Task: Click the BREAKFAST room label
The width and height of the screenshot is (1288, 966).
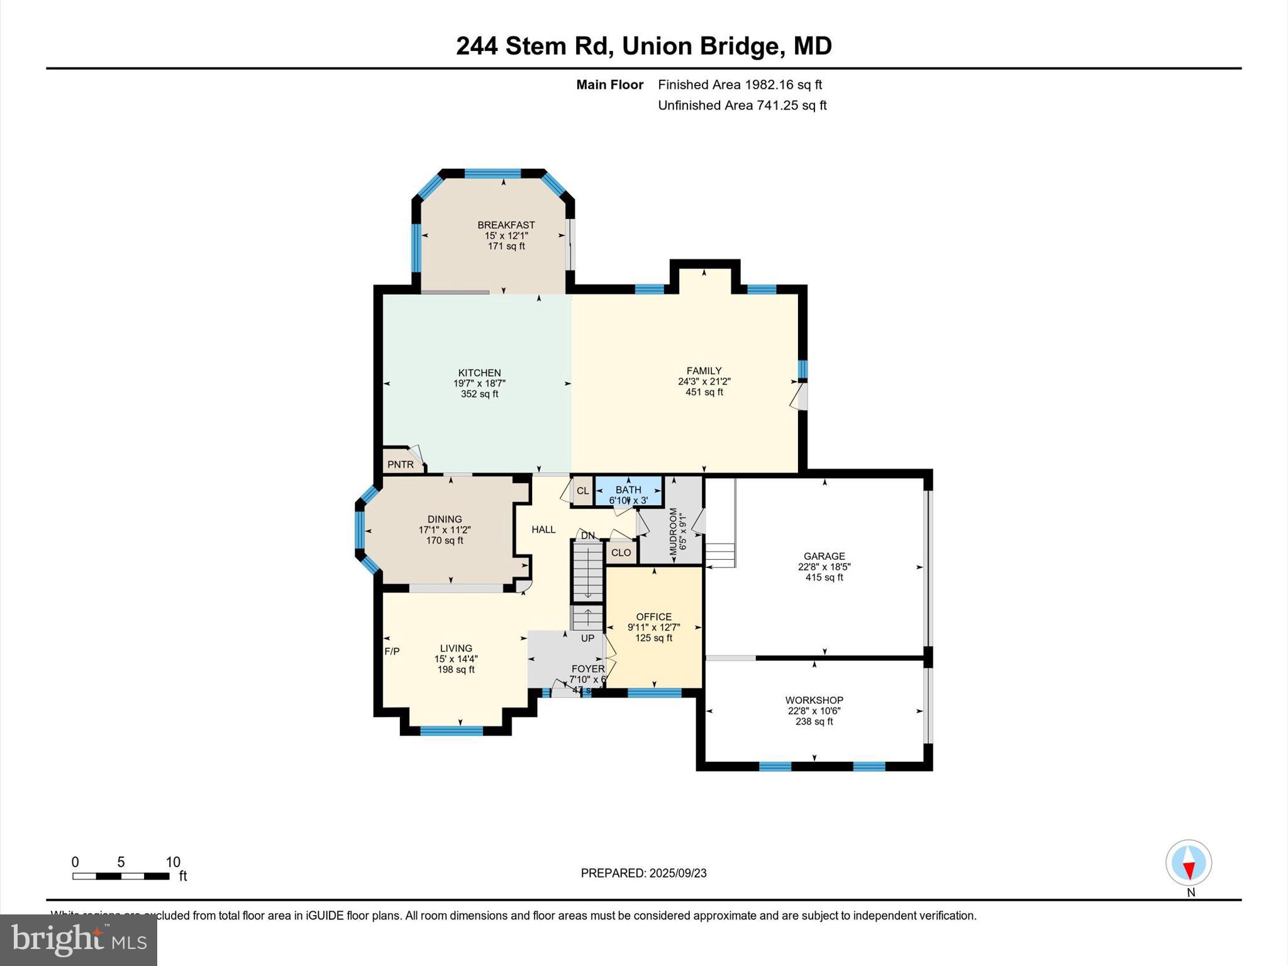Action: click(506, 225)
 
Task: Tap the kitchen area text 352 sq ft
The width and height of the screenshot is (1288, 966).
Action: click(479, 394)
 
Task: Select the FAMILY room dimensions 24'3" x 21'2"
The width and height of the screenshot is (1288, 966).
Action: click(704, 382)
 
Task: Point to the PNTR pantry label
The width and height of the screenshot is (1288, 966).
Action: click(401, 465)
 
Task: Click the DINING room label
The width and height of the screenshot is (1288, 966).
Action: click(445, 519)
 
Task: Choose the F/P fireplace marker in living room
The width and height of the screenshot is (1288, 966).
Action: click(392, 652)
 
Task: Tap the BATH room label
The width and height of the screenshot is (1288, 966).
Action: click(628, 490)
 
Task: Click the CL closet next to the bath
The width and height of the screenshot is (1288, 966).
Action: click(582, 491)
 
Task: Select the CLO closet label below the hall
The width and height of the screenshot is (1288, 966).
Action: click(621, 553)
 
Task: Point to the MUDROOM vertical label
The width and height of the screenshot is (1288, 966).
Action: click(673, 532)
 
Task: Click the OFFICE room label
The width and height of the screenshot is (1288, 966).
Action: click(653, 617)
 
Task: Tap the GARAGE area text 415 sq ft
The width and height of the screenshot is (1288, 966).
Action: click(824, 577)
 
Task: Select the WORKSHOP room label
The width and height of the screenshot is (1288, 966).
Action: click(814, 701)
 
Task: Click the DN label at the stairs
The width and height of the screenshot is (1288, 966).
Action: click(587, 536)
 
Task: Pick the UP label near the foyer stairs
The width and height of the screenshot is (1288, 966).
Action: click(587, 638)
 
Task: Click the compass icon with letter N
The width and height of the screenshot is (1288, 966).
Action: click(1188, 864)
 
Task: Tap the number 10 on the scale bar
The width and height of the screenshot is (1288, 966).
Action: click(173, 862)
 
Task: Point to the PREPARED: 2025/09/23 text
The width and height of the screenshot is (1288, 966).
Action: click(643, 873)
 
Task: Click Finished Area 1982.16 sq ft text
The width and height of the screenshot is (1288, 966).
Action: click(740, 85)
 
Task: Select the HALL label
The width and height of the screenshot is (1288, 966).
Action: click(543, 530)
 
